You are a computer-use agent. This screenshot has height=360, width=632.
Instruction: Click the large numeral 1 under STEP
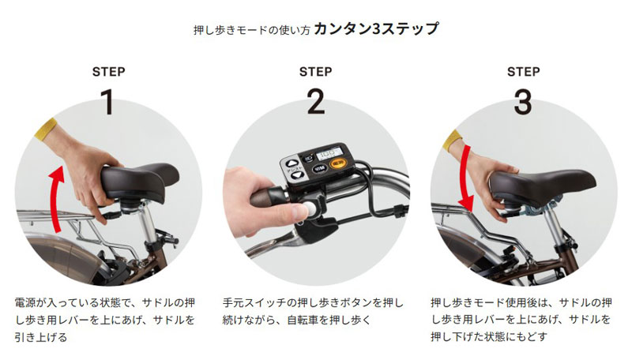pos(108,102)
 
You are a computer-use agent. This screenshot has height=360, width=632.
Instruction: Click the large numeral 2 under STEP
pos(315,102)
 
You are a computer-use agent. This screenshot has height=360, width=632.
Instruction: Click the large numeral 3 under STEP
pos(523,102)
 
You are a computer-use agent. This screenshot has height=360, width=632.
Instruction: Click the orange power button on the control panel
pos(337,163)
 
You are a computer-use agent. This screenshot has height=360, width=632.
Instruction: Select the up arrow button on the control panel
pos(292,164)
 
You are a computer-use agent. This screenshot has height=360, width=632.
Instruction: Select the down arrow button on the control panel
pos(297,175)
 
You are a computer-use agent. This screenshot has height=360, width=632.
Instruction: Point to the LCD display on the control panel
pos(329,153)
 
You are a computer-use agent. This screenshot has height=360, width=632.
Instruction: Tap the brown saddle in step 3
pos(542,186)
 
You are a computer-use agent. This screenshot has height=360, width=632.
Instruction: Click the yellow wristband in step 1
pos(46,129)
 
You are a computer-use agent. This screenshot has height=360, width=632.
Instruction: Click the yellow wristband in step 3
pos(452,141)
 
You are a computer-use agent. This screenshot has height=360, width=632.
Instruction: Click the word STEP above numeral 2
pos(315,72)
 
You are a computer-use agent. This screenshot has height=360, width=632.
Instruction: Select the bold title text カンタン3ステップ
pos(376,29)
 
